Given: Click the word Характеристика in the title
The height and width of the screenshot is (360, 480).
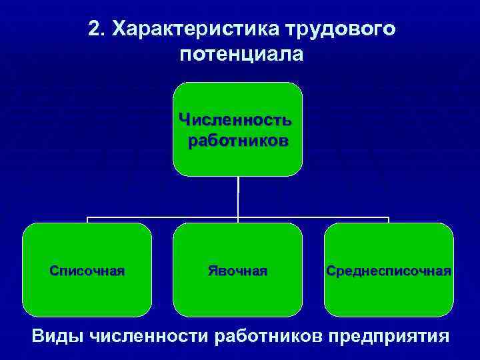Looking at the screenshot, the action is point(195,29).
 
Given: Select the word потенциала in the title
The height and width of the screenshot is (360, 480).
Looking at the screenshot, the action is point(241,54).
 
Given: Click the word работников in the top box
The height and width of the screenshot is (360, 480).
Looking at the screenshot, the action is point(238,141).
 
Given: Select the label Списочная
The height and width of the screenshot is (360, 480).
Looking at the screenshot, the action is point(87,271).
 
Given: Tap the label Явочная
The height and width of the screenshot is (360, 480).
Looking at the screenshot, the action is point(237,271).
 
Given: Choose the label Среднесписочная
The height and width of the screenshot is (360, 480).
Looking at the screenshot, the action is point(389,271).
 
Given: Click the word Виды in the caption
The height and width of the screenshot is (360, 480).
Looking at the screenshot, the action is point(57,335).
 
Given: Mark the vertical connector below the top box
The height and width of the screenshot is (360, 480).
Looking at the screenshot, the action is point(238,197).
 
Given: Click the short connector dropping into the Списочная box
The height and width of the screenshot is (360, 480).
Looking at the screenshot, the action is point(87,221).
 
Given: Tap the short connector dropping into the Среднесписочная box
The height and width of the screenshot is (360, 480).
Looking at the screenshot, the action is point(388,221).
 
